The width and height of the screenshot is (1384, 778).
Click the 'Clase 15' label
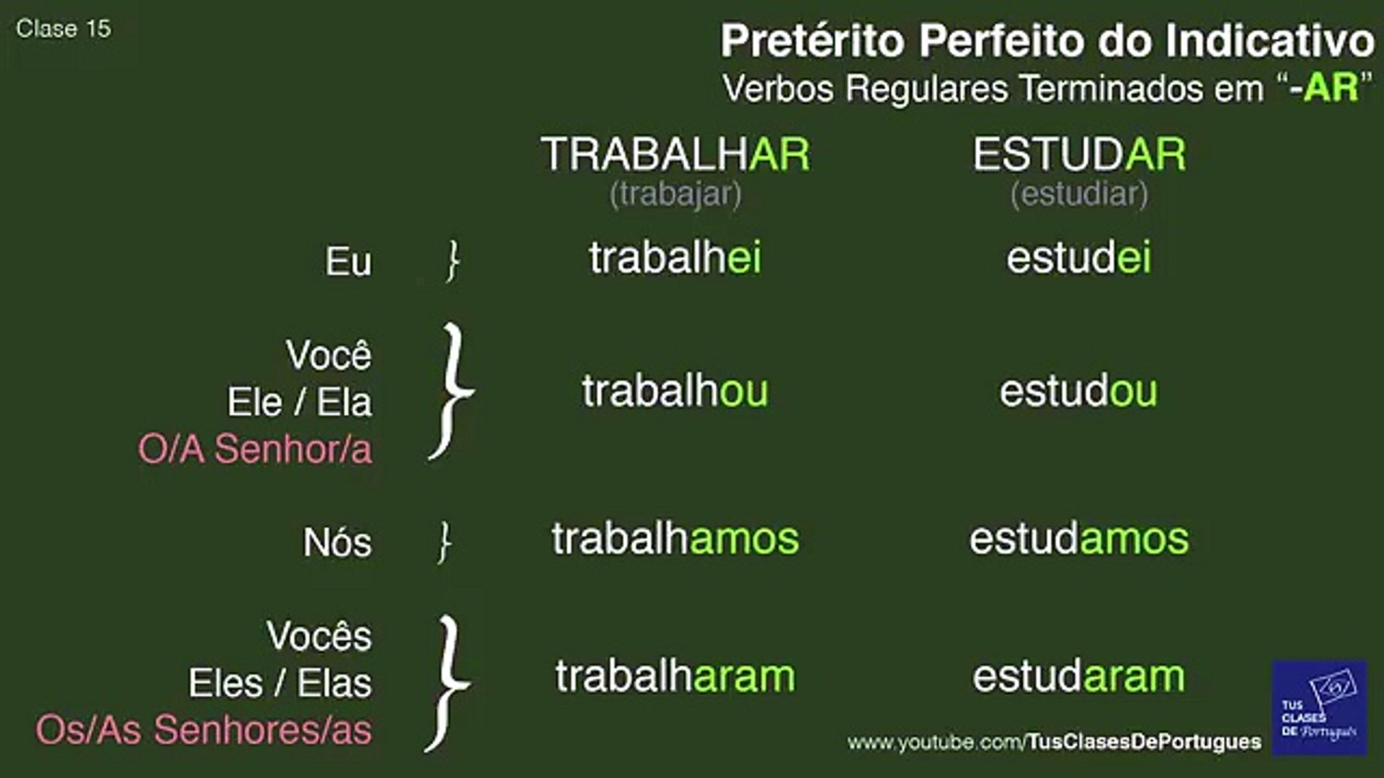coord(63,29)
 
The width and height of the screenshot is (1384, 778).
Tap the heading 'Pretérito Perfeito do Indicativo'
coord(1047,40)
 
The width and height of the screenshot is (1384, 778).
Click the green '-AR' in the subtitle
coord(1324,89)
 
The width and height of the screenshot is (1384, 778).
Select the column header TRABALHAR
coord(675,154)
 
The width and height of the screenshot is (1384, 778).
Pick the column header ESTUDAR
coord(1079,154)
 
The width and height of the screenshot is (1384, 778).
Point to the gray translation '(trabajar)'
coord(675,194)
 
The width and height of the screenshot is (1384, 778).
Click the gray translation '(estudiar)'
coord(1079,194)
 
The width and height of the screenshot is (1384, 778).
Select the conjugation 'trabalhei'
coord(675,257)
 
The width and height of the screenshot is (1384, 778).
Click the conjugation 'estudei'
coord(1079,257)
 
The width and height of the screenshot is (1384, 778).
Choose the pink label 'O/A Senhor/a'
coord(255,449)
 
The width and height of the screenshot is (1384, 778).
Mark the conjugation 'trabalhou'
coord(675,391)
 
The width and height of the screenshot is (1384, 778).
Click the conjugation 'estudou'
coord(1078,391)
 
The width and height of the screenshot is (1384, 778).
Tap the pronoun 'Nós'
coord(337,542)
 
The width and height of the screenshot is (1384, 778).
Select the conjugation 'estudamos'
coord(1079,539)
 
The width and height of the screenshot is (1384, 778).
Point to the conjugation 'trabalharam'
coord(675,676)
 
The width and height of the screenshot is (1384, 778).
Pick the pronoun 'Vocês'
coord(319,635)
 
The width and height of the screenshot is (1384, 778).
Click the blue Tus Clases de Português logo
coord(1319,707)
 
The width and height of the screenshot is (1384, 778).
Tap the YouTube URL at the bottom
coord(1055,742)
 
